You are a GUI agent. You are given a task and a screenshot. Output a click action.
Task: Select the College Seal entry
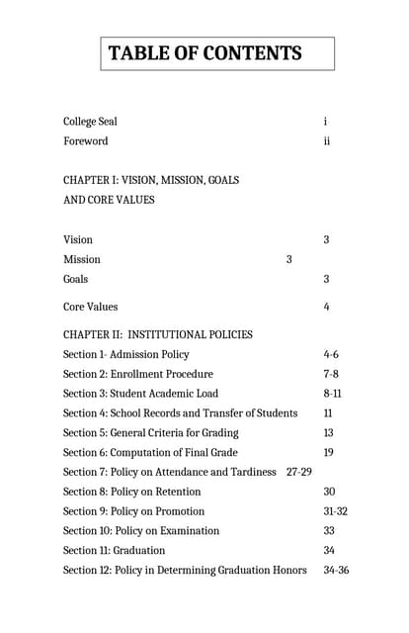(x=90, y=122)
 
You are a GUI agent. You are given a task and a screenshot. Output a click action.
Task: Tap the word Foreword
(x=86, y=141)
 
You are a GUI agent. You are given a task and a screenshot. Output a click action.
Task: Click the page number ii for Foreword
(x=326, y=141)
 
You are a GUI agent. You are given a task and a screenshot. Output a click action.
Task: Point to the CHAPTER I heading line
(x=151, y=181)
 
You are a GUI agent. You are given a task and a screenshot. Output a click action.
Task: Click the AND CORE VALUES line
(x=109, y=200)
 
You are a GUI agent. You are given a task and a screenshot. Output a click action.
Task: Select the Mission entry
(x=82, y=259)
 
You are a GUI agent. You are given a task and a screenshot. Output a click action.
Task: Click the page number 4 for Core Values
(x=326, y=308)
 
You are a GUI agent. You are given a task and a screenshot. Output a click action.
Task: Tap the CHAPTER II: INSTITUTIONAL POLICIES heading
(x=158, y=334)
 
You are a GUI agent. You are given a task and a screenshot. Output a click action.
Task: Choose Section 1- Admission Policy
(x=125, y=354)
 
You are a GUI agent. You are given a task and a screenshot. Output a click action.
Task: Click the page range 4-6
(x=331, y=354)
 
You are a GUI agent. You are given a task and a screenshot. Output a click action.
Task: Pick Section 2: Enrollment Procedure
(x=137, y=374)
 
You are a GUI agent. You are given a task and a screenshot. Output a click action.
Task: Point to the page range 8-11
(x=333, y=394)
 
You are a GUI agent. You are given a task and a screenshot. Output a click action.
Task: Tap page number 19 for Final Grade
(x=328, y=452)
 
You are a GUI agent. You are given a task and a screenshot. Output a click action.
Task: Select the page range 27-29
(x=298, y=472)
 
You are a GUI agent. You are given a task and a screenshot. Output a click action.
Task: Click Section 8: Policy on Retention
(x=131, y=492)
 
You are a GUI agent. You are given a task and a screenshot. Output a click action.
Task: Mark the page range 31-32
(x=335, y=511)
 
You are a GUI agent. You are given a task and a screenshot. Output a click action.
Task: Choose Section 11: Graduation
(x=114, y=550)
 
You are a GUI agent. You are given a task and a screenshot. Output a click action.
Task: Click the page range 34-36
(x=336, y=570)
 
